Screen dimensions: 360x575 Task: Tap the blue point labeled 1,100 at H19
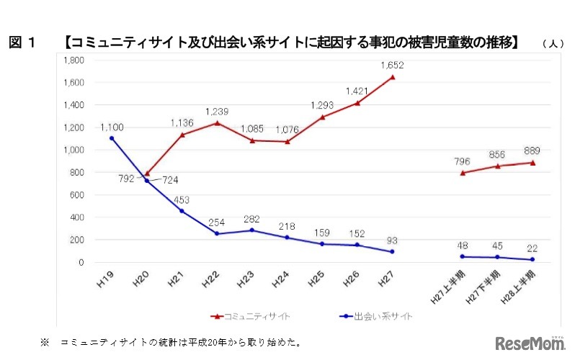(112, 138)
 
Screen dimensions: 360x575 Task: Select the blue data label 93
(392, 240)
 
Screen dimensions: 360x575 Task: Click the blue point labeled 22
(532, 259)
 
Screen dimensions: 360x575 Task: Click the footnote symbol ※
(45, 341)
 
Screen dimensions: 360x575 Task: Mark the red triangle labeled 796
(463, 173)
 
